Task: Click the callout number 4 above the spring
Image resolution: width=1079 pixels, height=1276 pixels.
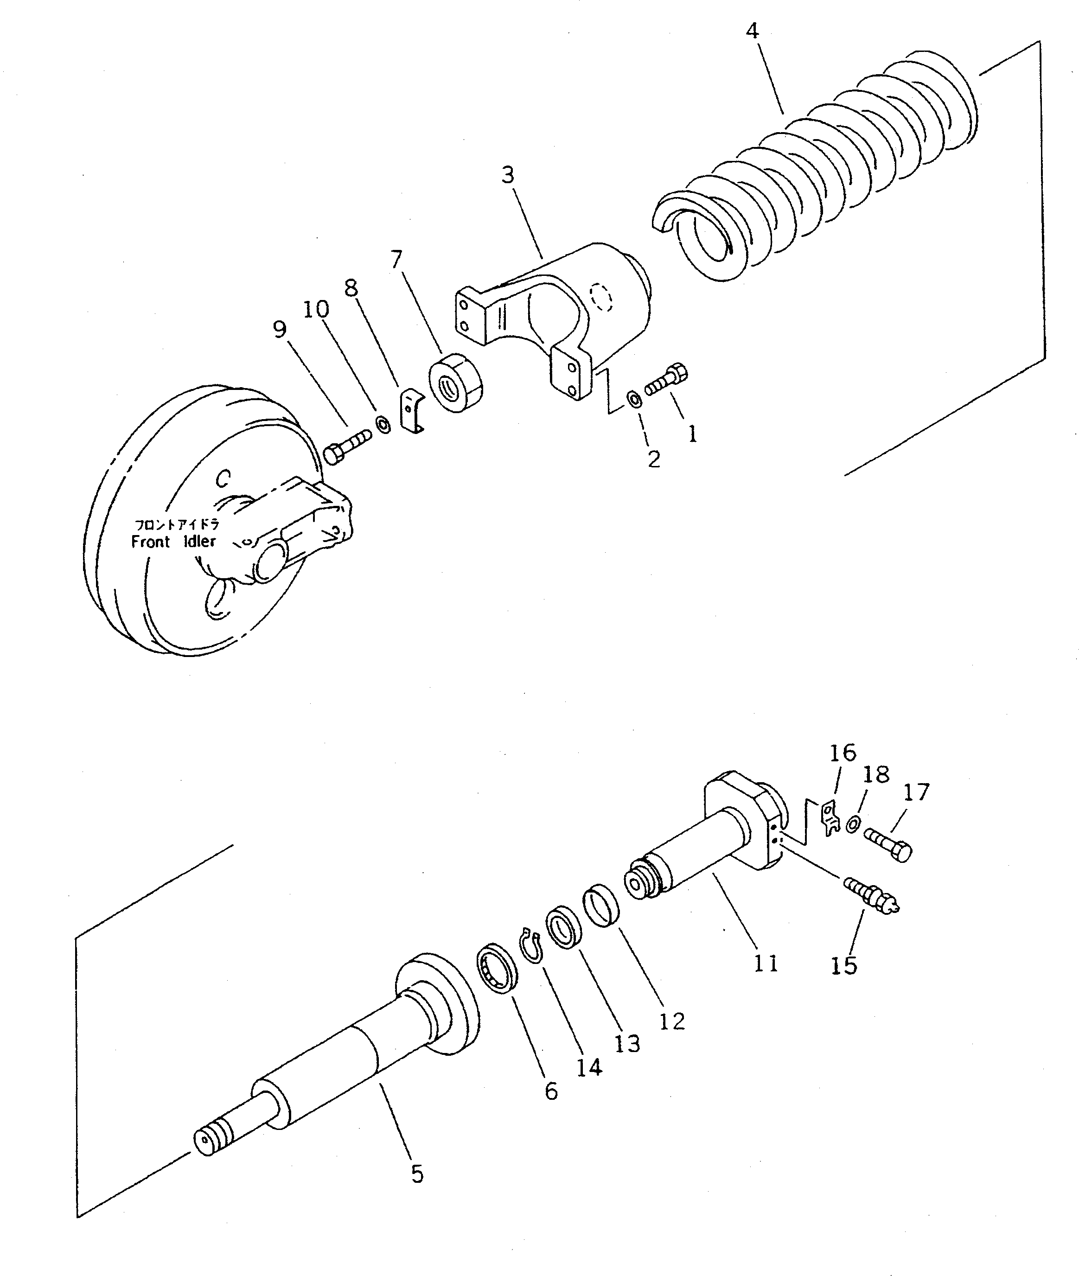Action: [753, 31]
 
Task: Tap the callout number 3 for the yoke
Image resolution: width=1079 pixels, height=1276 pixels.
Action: [508, 176]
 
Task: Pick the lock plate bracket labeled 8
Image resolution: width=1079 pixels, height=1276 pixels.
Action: [410, 411]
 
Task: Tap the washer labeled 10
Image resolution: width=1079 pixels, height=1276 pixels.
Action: [383, 424]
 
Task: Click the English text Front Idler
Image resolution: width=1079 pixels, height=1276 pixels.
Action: [174, 542]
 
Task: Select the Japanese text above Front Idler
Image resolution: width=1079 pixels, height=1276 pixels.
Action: [177, 525]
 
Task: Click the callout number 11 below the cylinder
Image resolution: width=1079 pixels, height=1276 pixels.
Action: [765, 963]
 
